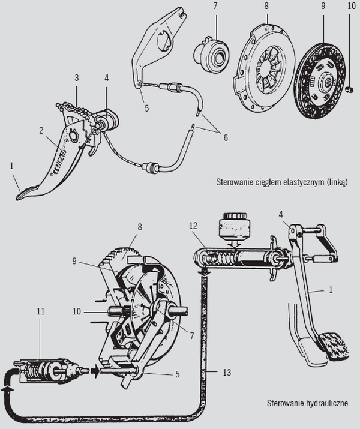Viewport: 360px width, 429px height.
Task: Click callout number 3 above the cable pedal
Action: pyautogui.click(x=77, y=78)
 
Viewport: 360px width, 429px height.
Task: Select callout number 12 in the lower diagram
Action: pyautogui.click(x=192, y=226)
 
